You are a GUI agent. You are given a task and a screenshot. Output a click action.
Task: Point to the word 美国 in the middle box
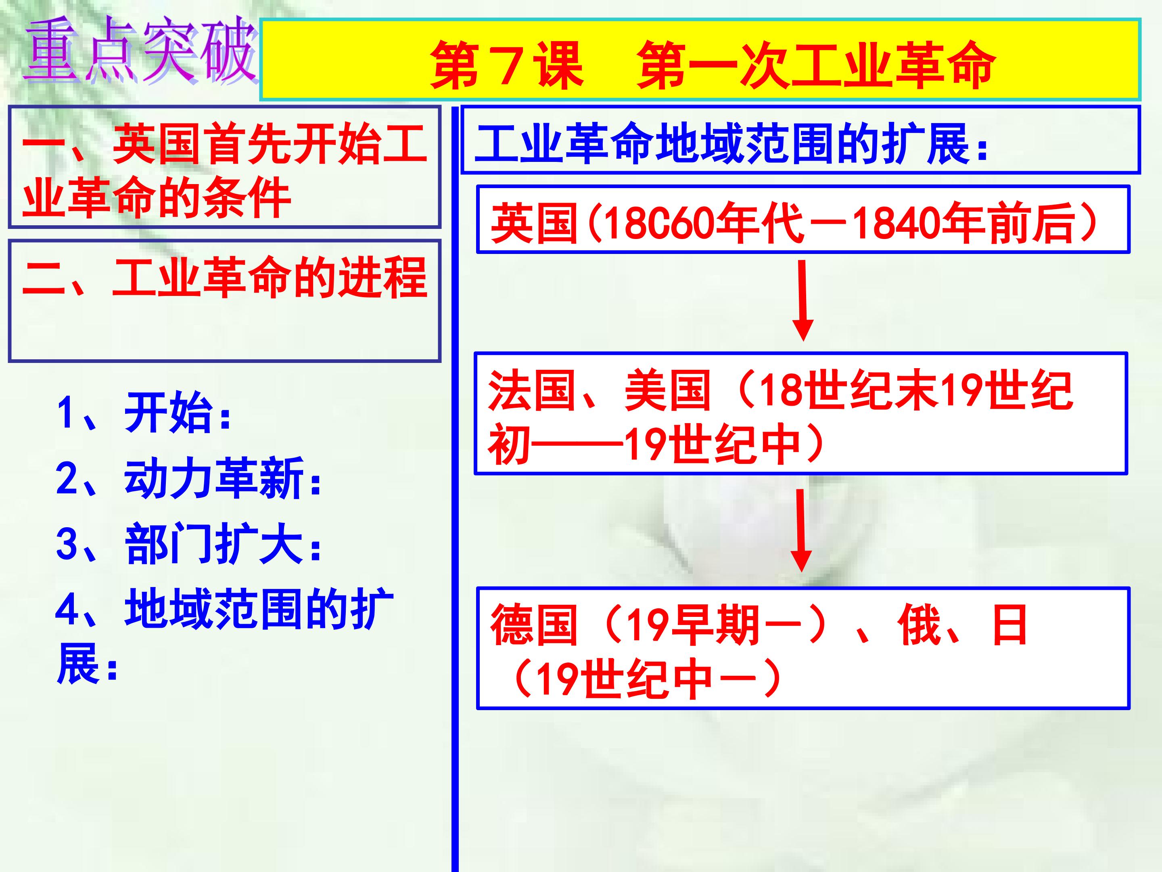[x=668, y=392]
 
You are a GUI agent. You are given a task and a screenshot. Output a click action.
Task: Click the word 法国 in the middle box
[x=531, y=392]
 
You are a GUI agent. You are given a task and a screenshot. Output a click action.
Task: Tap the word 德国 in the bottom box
[x=534, y=625]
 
